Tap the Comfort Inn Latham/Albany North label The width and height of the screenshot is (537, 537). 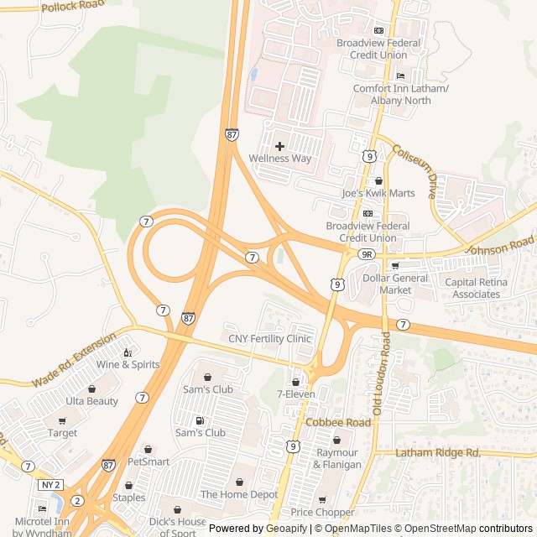click(401, 95)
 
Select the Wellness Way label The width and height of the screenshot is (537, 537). click(279, 159)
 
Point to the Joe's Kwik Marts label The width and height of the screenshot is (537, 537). click(378, 193)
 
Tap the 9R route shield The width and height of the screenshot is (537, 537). click(365, 253)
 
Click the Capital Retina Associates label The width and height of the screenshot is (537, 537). click(477, 289)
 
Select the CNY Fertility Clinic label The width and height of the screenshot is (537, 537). click(269, 339)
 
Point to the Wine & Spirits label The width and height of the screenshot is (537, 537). click(128, 364)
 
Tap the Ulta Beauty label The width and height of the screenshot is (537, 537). click(92, 401)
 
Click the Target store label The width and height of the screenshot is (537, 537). click(62, 433)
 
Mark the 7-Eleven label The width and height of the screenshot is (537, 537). click(295, 394)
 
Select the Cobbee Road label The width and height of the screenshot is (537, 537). click(337, 423)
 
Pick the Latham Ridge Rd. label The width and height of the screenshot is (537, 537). click(438, 453)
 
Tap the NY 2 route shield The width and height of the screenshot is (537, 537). click(50, 485)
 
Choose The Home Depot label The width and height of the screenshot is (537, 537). click(238, 494)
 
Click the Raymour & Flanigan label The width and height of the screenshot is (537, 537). click(337, 459)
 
